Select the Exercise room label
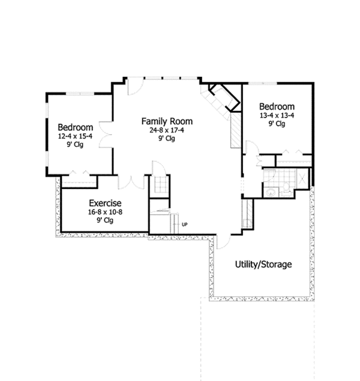[x=106, y=203]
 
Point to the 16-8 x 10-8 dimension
[x=106, y=212]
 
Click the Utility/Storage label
[x=262, y=264]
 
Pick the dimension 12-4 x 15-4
[x=75, y=136]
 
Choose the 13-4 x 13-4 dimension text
[x=276, y=116]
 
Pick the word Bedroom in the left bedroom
[x=75, y=127]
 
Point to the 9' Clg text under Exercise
[x=106, y=220]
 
